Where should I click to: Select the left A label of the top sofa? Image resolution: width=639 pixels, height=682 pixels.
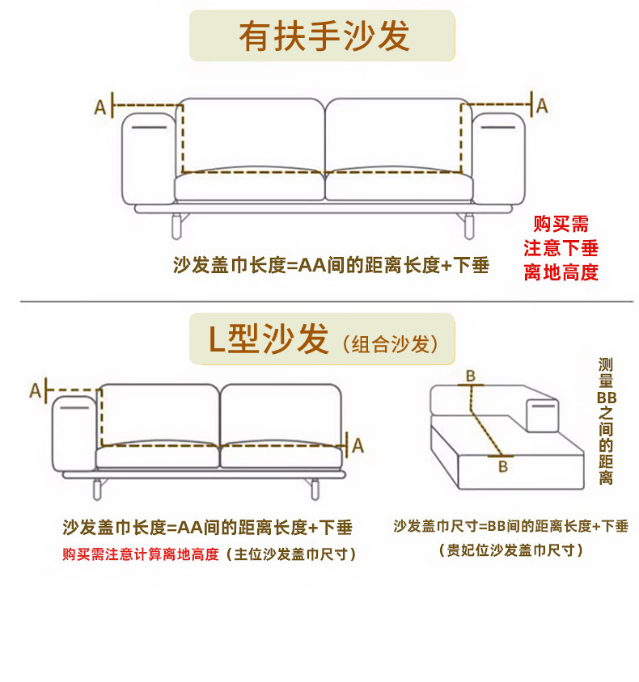(x=100, y=107)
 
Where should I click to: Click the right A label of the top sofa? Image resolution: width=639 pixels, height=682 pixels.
(x=543, y=105)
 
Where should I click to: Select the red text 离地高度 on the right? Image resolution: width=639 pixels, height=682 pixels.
(x=561, y=272)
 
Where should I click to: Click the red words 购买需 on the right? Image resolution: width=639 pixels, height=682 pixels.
(x=561, y=224)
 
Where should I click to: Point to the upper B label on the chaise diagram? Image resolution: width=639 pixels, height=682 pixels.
(x=469, y=376)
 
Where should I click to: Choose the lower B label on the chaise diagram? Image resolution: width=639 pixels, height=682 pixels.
(x=502, y=466)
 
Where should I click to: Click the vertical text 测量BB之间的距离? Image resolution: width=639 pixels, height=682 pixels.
(x=607, y=421)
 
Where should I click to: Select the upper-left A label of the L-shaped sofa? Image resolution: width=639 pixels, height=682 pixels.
(x=36, y=391)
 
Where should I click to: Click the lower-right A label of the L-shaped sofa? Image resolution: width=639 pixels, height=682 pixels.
(x=358, y=445)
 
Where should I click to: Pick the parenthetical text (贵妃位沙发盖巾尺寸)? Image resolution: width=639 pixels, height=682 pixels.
(x=510, y=550)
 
